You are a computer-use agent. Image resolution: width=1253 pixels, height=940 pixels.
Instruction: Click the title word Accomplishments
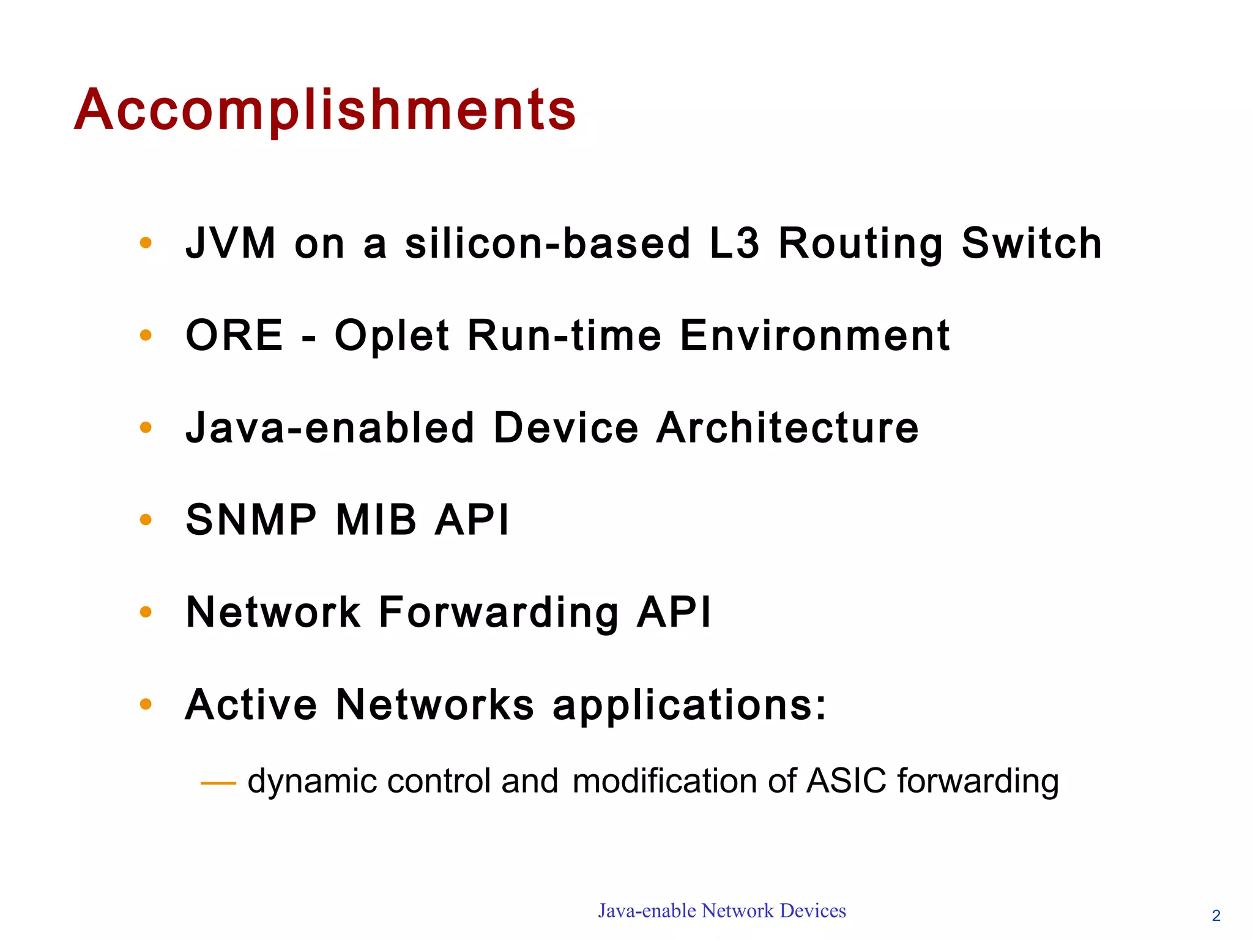click(325, 110)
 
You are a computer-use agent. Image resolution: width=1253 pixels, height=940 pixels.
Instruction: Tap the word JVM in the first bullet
click(231, 244)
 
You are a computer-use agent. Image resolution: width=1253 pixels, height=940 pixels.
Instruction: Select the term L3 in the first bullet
click(734, 244)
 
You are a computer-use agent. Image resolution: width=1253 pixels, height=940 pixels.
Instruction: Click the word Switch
click(1032, 244)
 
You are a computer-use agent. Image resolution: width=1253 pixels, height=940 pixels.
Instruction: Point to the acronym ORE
click(234, 335)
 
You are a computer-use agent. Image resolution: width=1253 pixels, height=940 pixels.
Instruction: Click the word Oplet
click(392, 337)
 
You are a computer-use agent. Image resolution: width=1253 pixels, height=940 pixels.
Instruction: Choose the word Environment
click(815, 335)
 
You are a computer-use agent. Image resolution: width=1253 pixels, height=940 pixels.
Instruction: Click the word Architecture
click(787, 428)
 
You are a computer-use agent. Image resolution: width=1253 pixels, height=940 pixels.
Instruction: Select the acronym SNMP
click(251, 520)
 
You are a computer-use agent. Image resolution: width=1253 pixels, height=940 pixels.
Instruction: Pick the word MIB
click(376, 520)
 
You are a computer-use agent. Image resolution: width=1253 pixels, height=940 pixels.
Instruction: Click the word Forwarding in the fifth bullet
click(499, 613)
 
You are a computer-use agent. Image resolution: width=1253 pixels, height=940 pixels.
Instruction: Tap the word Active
click(251, 704)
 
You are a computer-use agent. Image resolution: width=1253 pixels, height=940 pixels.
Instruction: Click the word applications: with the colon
click(689, 706)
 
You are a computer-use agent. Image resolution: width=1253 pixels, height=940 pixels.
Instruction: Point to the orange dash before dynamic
click(218, 783)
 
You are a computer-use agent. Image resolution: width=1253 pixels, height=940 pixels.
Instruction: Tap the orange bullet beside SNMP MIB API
click(146, 520)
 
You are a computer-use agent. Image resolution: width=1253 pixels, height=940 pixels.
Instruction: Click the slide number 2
click(1216, 916)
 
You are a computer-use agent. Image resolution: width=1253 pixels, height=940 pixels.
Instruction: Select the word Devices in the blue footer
click(813, 911)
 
